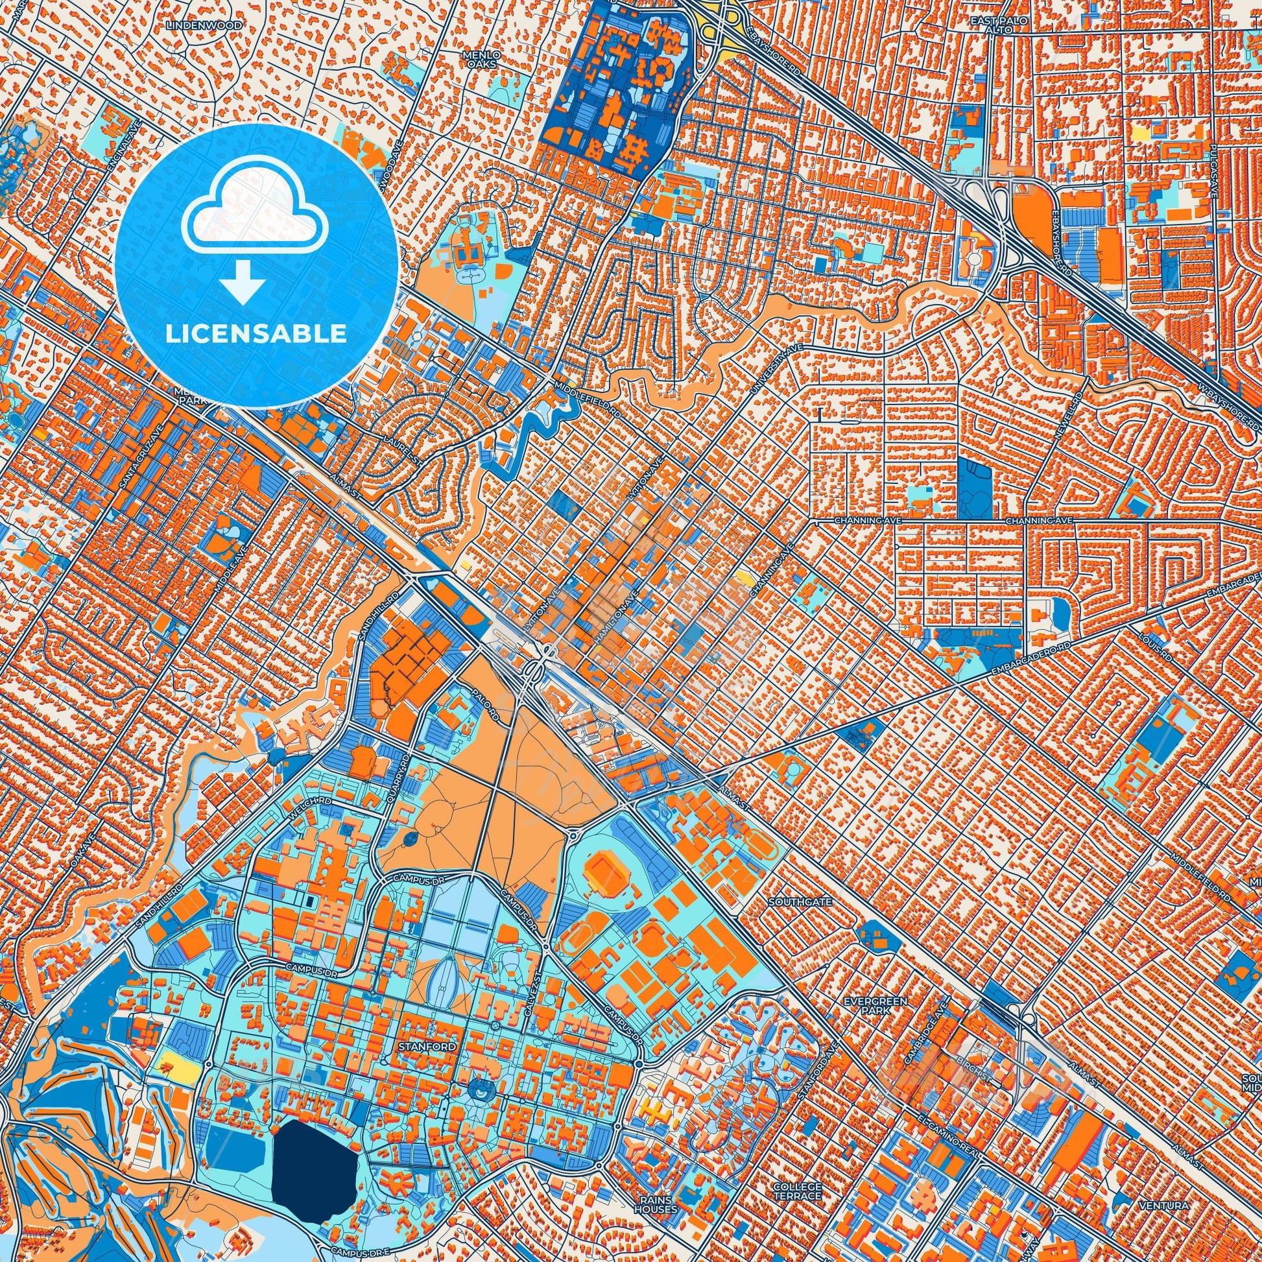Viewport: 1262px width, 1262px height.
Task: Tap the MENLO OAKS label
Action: click(482, 60)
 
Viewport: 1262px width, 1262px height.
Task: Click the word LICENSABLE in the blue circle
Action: click(256, 333)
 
